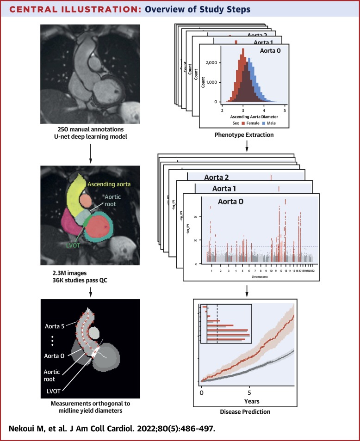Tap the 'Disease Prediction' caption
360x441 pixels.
click(x=246, y=412)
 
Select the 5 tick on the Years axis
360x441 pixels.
click(x=249, y=392)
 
